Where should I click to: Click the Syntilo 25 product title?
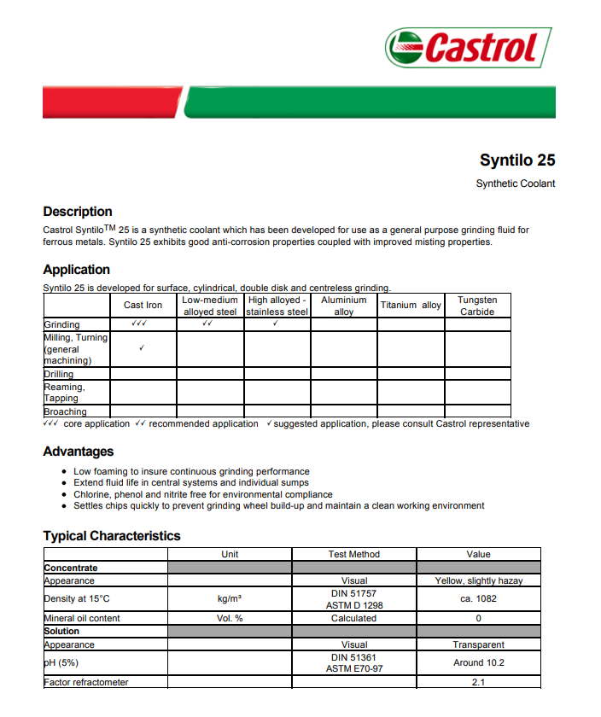click(x=517, y=160)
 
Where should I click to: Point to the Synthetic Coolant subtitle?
click(x=515, y=184)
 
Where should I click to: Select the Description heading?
click(x=78, y=212)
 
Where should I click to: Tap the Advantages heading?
click(x=79, y=452)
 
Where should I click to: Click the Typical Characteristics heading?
click(x=112, y=536)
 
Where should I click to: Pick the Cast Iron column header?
click(x=143, y=305)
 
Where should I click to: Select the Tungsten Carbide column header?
click(x=477, y=306)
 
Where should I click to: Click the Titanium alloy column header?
click(x=411, y=305)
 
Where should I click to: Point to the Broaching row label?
click(x=65, y=411)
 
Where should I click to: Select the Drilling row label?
click(x=59, y=374)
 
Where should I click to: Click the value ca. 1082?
click(x=478, y=598)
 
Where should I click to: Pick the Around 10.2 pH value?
click(x=478, y=662)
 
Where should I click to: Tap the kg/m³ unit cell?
click(x=230, y=598)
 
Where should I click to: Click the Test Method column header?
click(x=354, y=554)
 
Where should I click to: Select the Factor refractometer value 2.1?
click(x=478, y=682)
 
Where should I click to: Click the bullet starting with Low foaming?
click(x=191, y=471)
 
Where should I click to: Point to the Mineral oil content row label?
click(x=82, y=618)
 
